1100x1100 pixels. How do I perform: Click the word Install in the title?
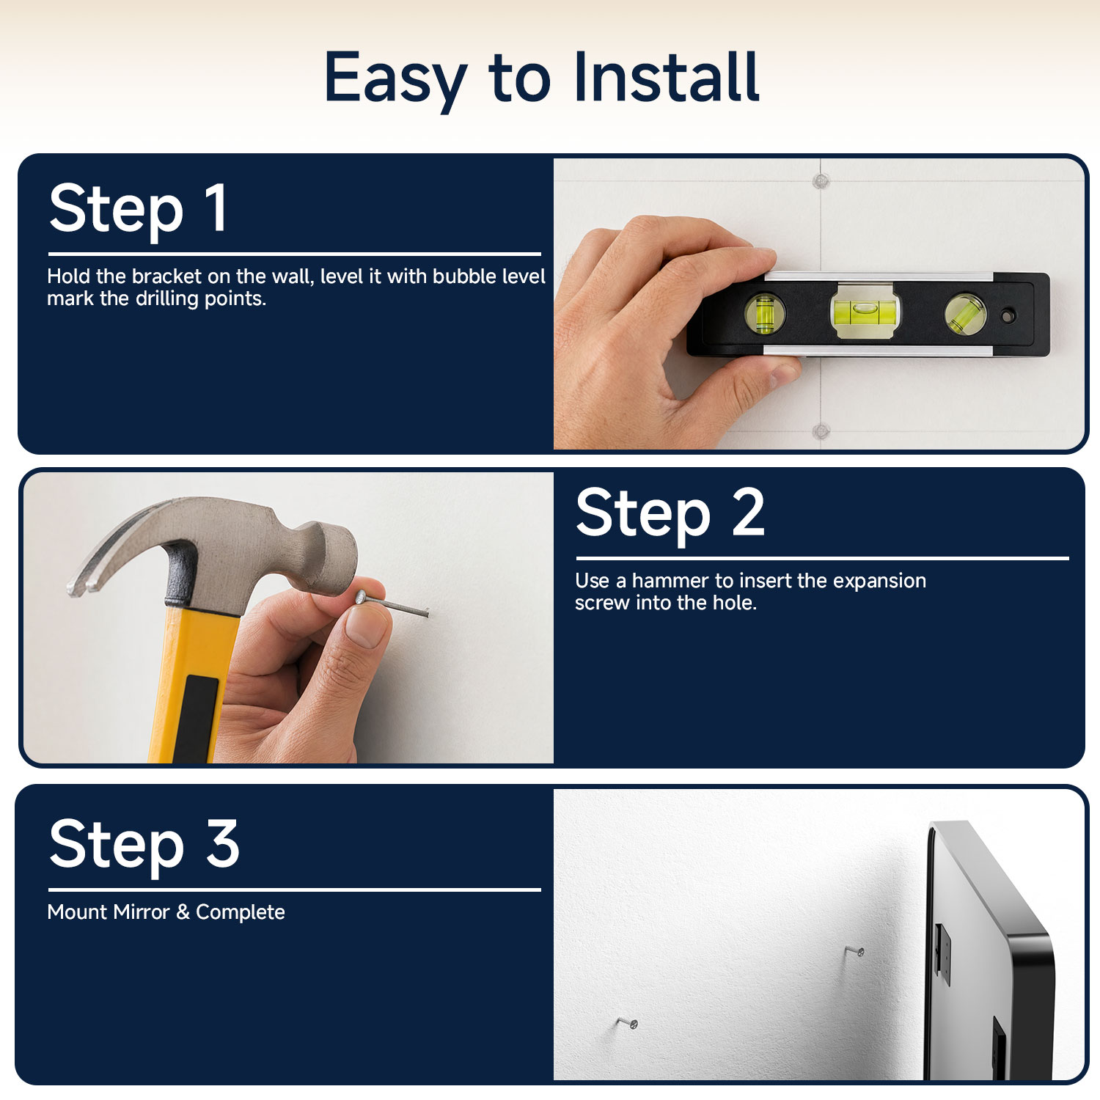(666, 77)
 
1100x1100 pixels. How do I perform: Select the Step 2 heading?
(670, 514)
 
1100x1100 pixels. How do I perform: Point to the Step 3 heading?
(144, 845)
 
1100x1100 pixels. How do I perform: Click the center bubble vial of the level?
(865, 312)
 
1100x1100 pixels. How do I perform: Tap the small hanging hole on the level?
(1008, 316)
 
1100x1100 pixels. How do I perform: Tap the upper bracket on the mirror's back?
(943, 953)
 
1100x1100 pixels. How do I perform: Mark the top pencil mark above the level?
(821, 180)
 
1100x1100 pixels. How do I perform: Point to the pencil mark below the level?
(821, 430)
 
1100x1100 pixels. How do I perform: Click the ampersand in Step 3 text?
(183, 912)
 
